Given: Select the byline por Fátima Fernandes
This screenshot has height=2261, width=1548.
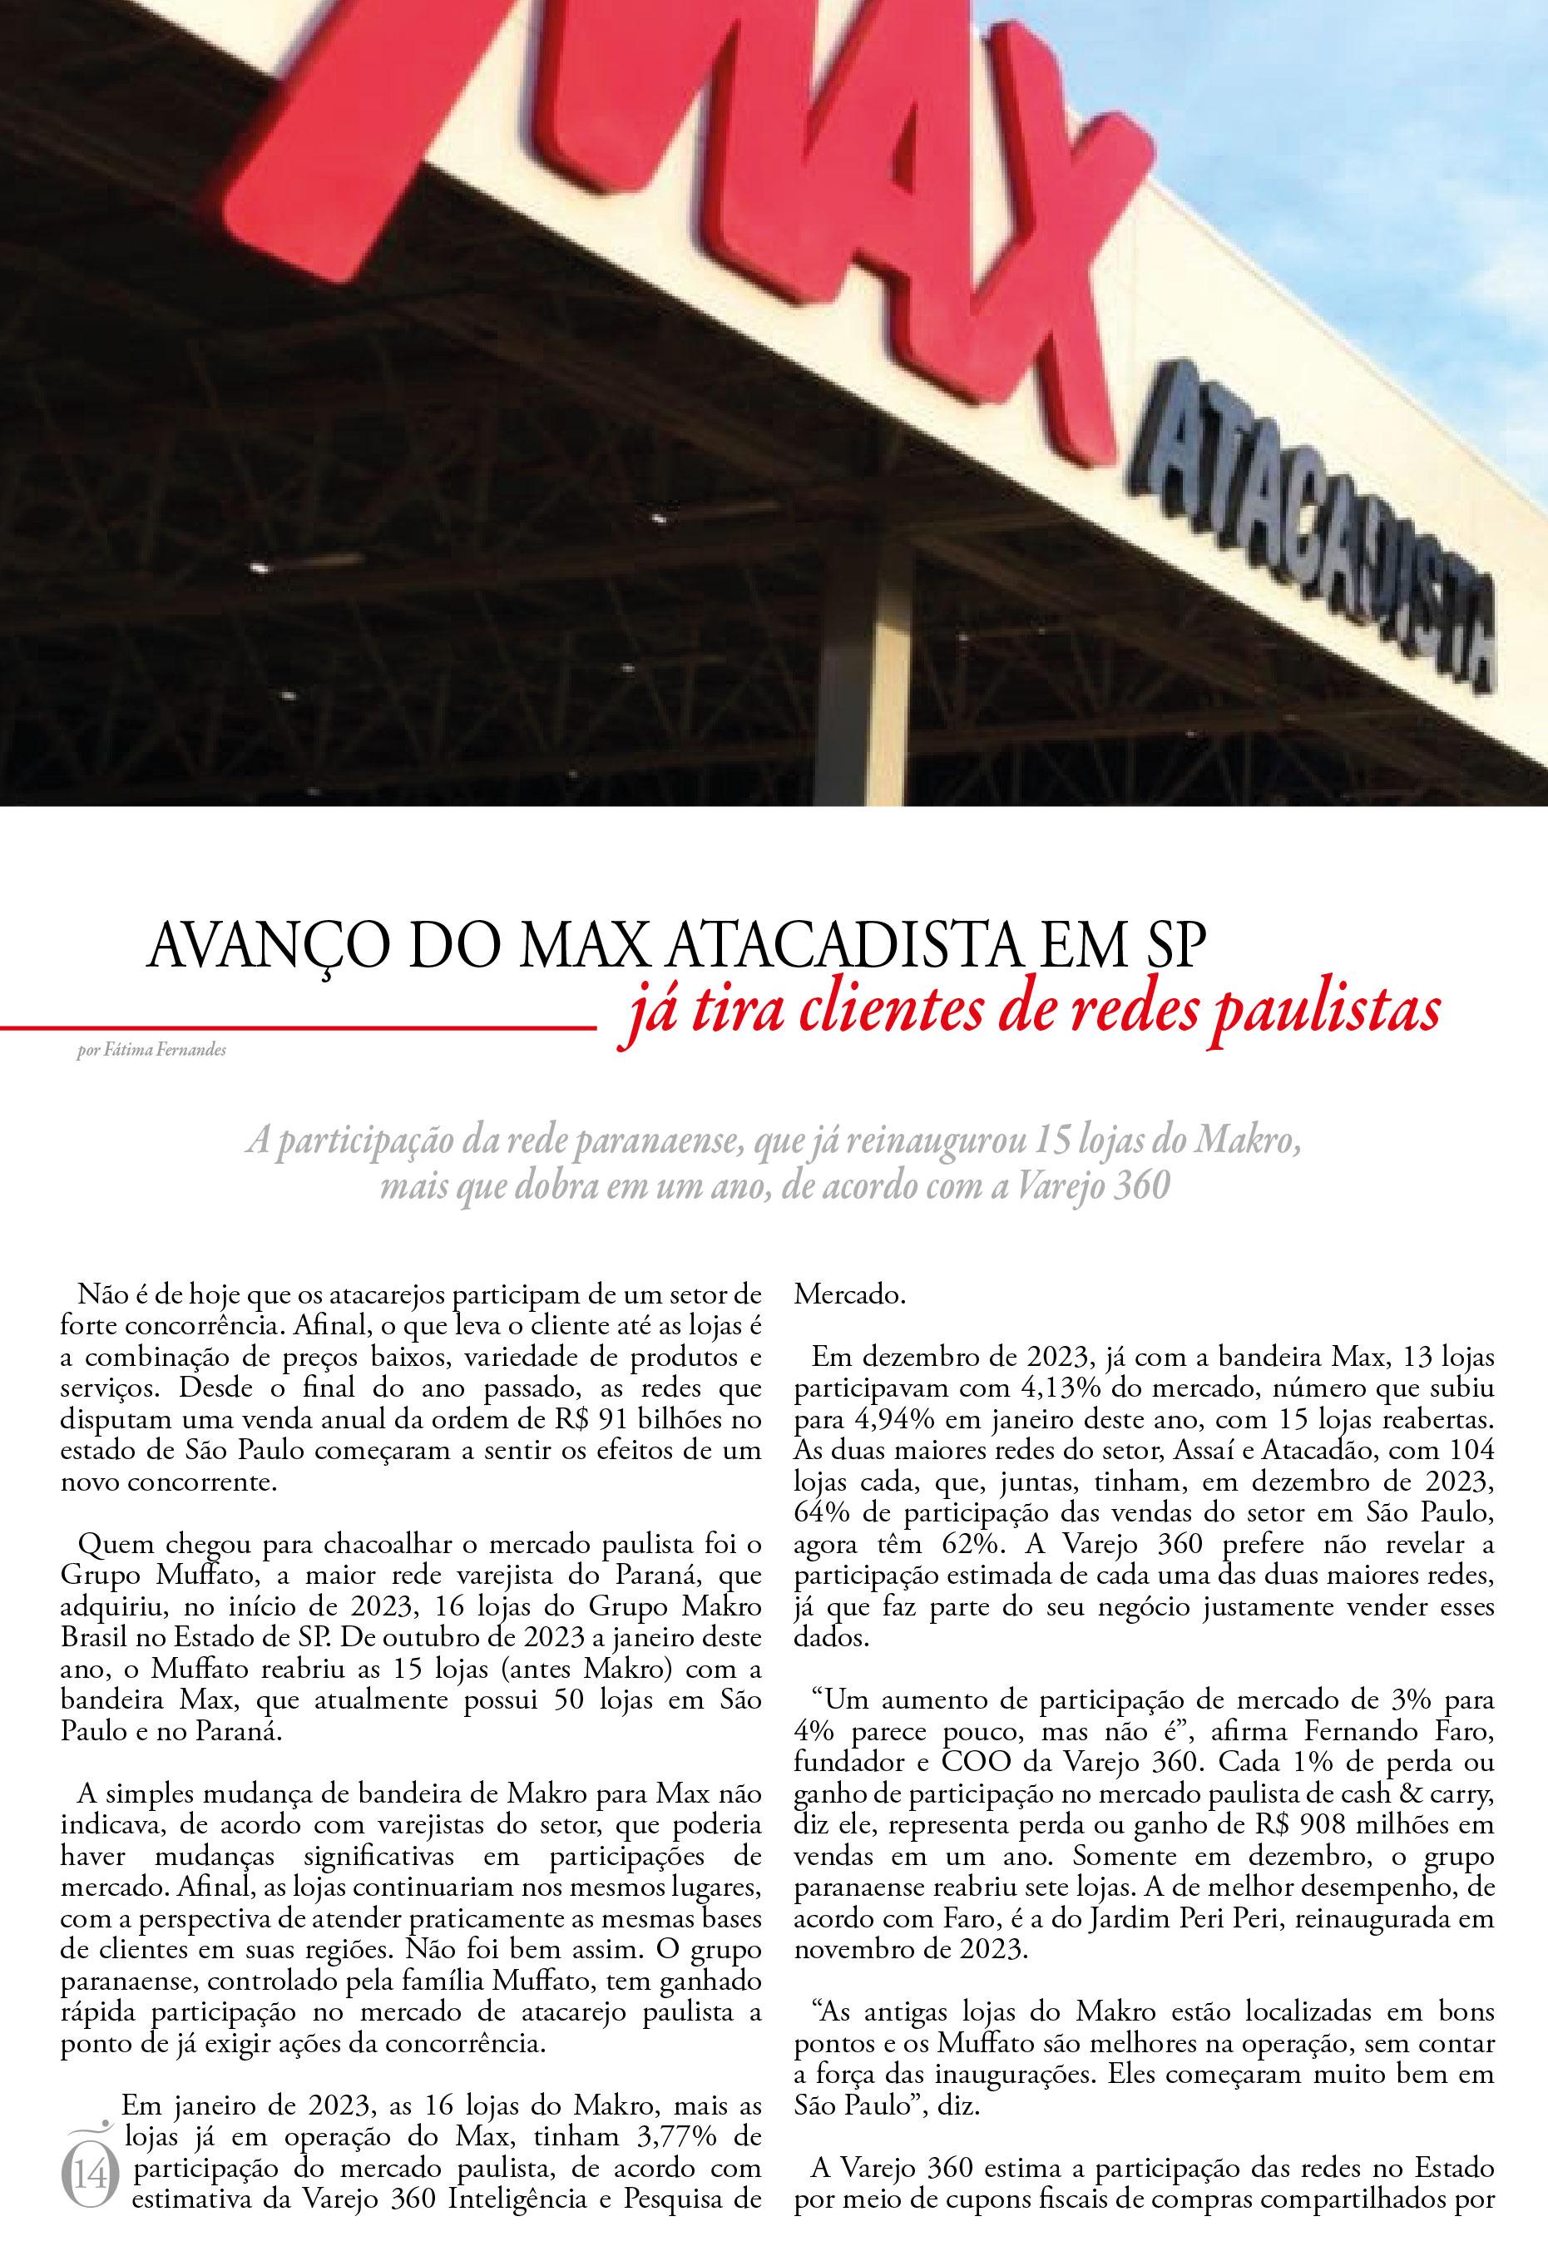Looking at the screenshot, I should [x=151, y=1051].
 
